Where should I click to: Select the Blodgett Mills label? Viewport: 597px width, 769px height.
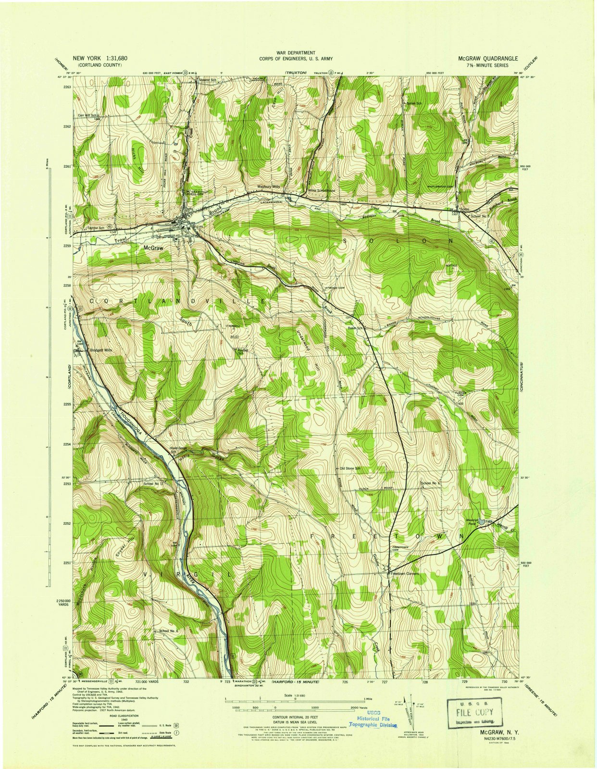tap(101, 350)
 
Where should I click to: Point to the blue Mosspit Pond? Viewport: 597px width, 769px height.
tap(481, 521)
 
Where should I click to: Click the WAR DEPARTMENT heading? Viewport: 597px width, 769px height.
tap(296, 52)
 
